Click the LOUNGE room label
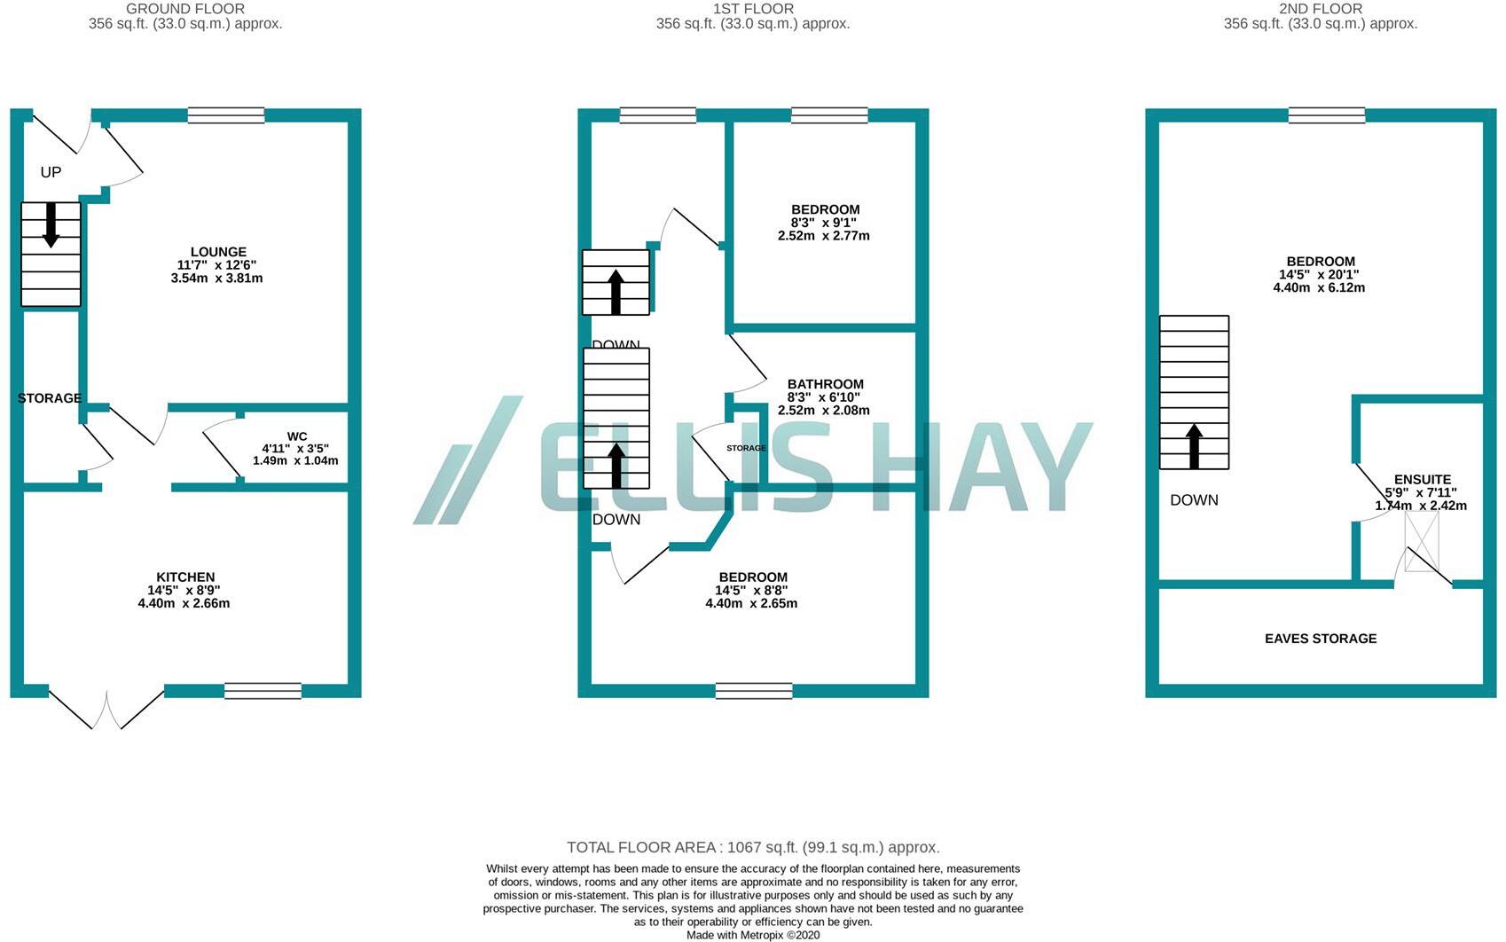point(218,252)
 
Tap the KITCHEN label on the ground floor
point(185,577)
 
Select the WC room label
point(297,436)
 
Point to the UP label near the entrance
point(51,172)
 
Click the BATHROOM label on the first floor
point(825,384)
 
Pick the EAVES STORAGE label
point(1320,639)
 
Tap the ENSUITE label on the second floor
point(1422,480)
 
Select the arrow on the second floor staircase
point(1194,445)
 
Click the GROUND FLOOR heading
point(185,9)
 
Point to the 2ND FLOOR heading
point(1320,9)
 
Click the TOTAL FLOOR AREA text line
point(753,847)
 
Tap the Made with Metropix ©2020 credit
point(753,935)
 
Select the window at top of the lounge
point(226,115)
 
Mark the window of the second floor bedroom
point(1326,115)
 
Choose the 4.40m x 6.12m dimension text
point(1319,287)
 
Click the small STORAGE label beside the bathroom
point(746,449)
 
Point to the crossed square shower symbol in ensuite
point(1421,541)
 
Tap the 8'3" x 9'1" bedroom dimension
point(824,223)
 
